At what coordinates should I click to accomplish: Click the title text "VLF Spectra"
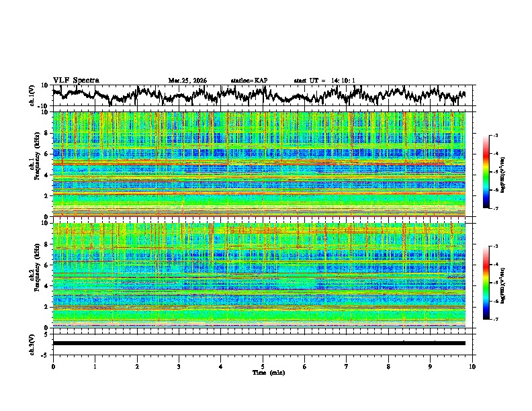tap(76, 80)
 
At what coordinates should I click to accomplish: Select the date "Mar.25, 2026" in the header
tap(187, 81)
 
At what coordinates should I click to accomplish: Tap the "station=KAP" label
tap(249, 81)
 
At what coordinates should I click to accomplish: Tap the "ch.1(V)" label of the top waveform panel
tap(32, 95)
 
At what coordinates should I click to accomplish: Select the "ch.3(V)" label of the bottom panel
tap(32, 342)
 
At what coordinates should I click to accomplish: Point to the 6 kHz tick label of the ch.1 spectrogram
tap(45, 154)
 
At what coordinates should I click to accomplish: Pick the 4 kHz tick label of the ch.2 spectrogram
tap(45, 286)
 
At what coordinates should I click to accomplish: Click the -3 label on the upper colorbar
tap(494, 136)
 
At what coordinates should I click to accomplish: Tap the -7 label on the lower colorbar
tap(494, 320)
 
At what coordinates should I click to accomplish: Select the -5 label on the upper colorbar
tap(494, 172)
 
